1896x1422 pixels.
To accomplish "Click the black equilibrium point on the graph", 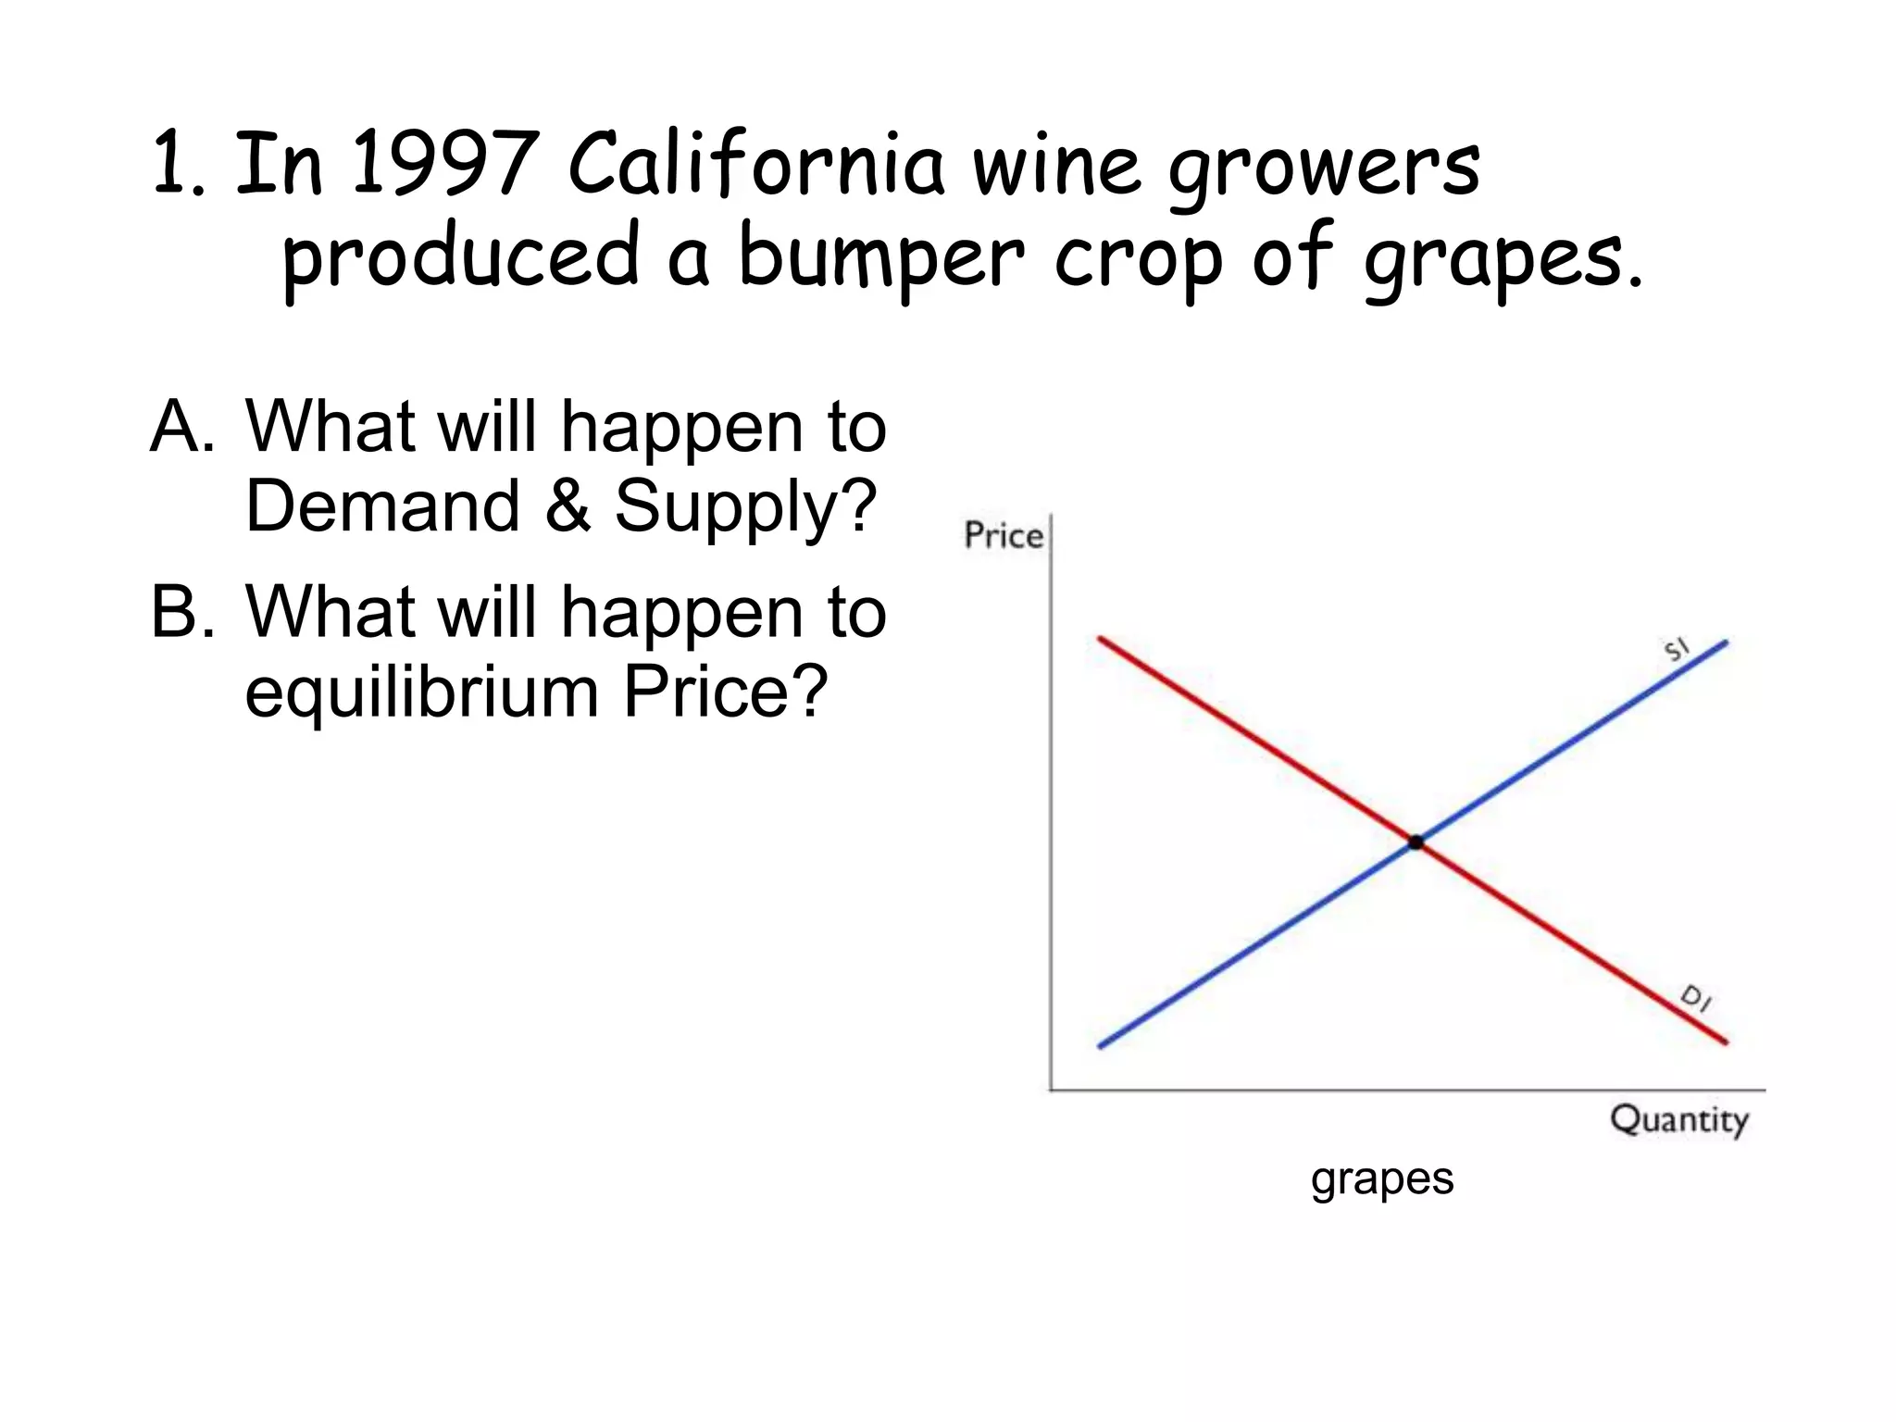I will [1416, 842].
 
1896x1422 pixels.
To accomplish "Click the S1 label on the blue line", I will [1677, 650].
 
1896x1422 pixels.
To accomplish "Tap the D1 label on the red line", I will [1696, 999].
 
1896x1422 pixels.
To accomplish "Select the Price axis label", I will [1003, 536].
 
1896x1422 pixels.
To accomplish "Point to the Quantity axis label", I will [1679, 1119].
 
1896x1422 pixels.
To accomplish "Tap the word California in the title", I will [756, 165].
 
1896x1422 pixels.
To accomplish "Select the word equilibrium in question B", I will [422, 692].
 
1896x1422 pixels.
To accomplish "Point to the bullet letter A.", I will [181, 427].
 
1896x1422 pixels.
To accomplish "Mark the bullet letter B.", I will [181, 612].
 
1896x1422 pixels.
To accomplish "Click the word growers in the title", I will [1324, 170].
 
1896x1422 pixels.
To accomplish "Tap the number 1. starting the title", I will [177, 165].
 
